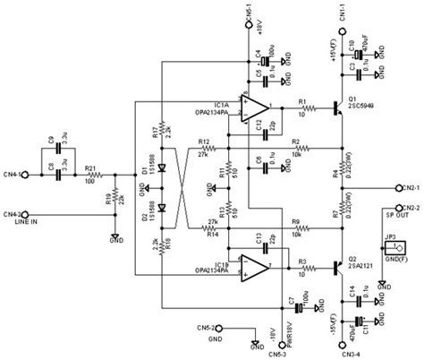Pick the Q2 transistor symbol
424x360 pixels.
[337, 266]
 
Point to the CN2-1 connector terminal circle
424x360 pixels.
[395, 186]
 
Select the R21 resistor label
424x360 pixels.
[90, 167]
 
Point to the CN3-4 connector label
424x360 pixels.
[343, 353]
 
